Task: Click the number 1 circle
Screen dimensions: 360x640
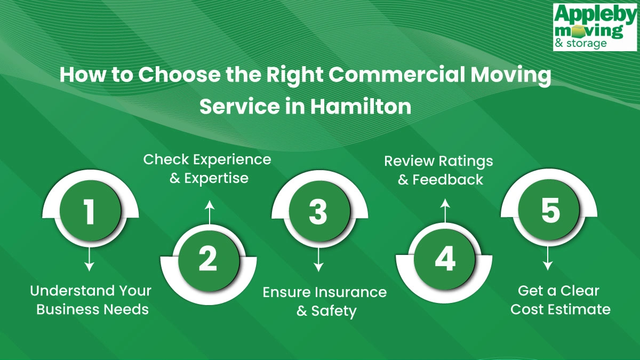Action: point(90,211)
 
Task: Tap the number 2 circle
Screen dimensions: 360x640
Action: point(207,259)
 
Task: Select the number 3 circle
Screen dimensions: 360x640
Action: point(318,211)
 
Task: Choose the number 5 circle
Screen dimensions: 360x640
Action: point(549,211)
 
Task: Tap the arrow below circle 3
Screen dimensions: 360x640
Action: point(318,261)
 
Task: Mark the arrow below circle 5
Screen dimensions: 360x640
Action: point(548,260)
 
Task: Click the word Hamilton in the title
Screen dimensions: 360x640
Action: point(361,107)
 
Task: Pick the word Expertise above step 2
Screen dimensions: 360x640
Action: point(217,178)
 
